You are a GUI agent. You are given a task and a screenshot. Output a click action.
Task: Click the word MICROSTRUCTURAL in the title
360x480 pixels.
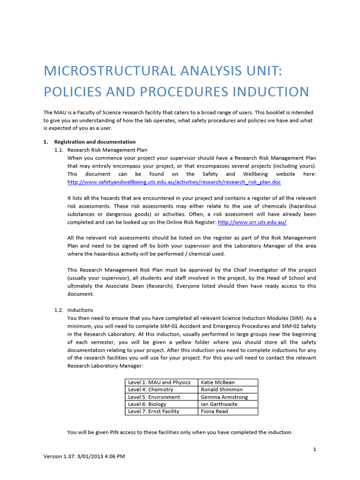click(107, 71)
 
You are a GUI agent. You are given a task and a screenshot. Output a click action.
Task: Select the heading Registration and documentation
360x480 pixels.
click(95, 142)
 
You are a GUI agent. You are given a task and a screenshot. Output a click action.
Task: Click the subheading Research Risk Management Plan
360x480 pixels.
click(107, 150)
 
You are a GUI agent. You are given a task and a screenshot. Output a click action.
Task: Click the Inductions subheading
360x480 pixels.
click(80, 310)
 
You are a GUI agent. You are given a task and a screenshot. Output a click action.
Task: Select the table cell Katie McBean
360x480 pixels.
click(218, 382)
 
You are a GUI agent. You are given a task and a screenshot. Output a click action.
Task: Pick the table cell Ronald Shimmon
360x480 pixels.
click(222, 390)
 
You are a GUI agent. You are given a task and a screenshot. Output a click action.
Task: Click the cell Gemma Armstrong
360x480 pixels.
click(224, 397)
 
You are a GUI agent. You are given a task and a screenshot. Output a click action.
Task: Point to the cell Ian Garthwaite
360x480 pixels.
click(219, 404)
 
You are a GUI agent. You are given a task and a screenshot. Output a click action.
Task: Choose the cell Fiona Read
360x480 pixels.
click(214, 411)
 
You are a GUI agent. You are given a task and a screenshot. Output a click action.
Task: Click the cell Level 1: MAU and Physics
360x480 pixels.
click(159, 382)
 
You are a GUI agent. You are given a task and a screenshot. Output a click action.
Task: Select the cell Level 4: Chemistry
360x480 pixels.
click(150, 390)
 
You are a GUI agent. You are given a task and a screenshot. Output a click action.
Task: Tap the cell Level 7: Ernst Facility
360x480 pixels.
click(153, 411)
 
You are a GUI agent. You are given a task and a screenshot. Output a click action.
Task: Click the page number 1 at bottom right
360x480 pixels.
click(315, 450)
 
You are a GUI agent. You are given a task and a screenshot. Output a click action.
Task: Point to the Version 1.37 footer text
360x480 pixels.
click(84, 456)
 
